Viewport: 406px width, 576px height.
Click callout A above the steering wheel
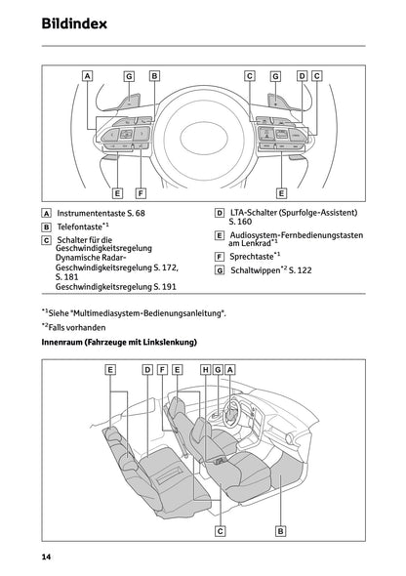(x=88, y=75)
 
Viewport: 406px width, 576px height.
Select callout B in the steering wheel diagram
(x=154, y=75)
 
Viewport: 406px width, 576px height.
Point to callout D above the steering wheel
(x=302, y=75)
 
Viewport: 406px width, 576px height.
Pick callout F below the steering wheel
(x=141, y=193)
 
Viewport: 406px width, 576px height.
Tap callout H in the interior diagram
(x=206, y=370)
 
